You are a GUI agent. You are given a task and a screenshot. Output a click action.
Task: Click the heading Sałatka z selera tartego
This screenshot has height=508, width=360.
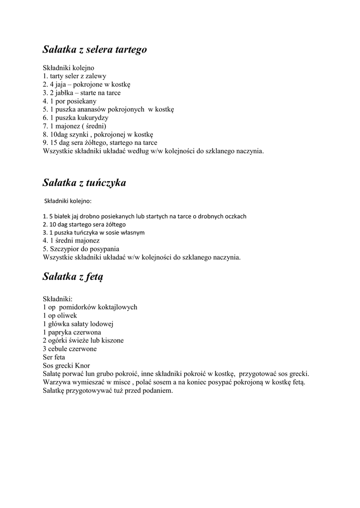pos(94,50)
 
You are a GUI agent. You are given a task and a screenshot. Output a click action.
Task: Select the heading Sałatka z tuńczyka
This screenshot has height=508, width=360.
pos(84,183)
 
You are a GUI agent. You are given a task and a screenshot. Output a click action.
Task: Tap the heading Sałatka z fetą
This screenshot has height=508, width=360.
pos(72,276)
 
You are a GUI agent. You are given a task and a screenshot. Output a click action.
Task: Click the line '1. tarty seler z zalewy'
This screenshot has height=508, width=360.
pos(74,76)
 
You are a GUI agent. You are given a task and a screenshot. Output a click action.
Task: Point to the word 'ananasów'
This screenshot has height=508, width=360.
pos(87,109)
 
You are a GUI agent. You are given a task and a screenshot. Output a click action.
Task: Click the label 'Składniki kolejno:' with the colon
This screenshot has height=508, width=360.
pos(68,201)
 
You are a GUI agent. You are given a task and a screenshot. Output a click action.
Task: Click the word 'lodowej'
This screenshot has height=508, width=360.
pos(103,324)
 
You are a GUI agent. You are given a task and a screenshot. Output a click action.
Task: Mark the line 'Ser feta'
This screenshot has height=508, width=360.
pos(54,357)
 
